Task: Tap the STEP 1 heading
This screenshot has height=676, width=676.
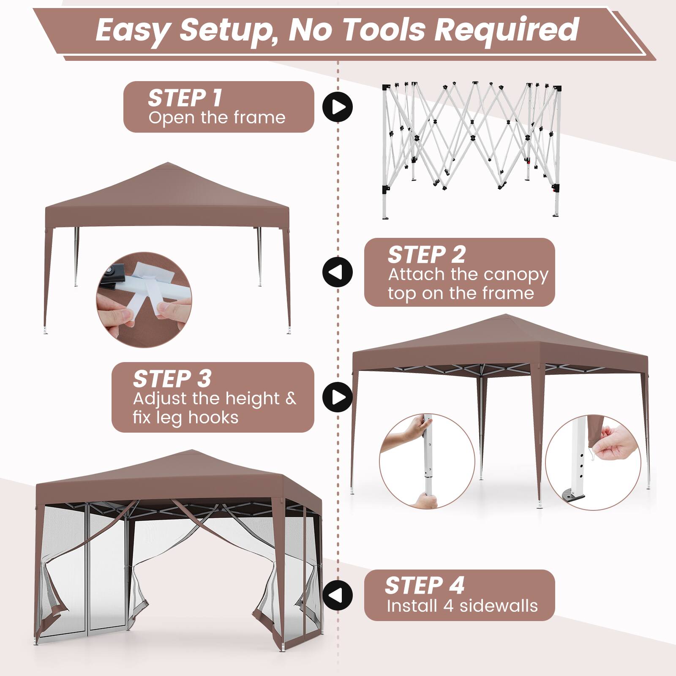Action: [x=185, y=98]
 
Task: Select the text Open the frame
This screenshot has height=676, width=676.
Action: [x=217, y=117]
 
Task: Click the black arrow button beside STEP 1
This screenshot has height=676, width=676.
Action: [x=337, y=107]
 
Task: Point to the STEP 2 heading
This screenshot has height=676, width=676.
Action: [x=426, y=255]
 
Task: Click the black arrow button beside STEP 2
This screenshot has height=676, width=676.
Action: [x=337, y=272]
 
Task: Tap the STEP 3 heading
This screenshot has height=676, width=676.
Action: [x=172, y=379]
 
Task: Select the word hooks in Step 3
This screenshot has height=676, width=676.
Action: [x=213, y=417]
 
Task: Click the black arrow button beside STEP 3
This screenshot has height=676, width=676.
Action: [x=337, y=397]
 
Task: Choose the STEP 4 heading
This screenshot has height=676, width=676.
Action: [x=424, y=586]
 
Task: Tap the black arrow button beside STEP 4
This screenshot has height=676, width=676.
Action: [x=337, y=595]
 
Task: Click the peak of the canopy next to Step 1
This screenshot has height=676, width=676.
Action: [x=168, y=164]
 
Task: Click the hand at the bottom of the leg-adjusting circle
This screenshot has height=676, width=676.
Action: [x=426, y=501]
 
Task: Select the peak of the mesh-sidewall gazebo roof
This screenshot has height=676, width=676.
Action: [x=192, y=451]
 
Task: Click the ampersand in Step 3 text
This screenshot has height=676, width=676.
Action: [x=291, y=398]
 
